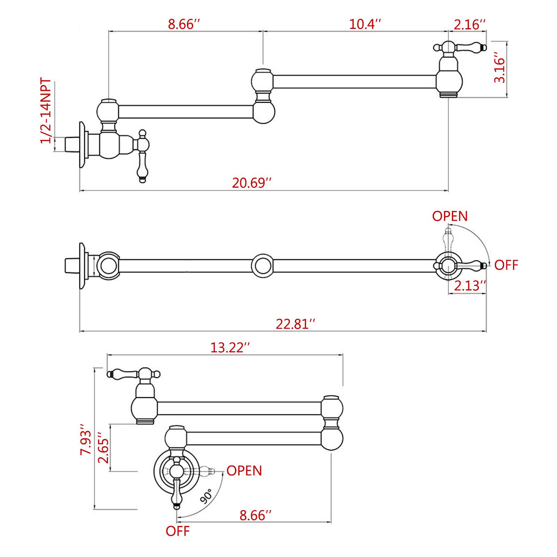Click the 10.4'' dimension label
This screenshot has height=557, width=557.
[x=365, y=24]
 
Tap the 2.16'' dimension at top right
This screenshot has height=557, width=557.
[x=470, y=24]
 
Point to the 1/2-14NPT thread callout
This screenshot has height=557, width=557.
[x=46, y=111]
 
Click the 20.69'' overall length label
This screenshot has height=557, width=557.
[x=252, y=183]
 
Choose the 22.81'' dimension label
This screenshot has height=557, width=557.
[x=296, y=324]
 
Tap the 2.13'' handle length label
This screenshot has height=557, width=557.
[x=470, y=286]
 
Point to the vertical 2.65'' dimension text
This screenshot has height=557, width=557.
[x=104, y=448]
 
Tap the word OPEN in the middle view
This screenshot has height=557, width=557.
[x=450, y=216]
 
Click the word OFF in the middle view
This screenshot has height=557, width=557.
[x=506, y=265]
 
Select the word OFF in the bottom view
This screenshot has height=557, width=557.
[x=178, y=541]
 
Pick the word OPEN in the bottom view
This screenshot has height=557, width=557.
[x=244, y=471]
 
